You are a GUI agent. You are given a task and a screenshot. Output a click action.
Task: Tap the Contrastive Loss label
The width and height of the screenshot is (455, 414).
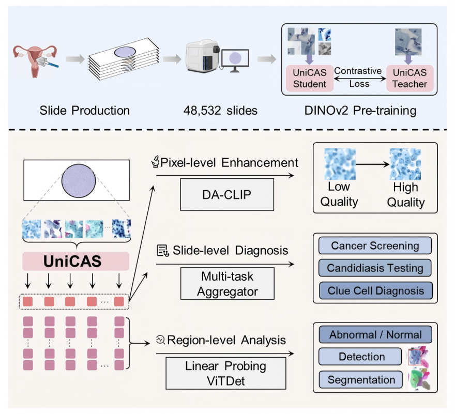357,76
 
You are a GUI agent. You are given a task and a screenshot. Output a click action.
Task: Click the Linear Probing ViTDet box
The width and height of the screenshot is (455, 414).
226,374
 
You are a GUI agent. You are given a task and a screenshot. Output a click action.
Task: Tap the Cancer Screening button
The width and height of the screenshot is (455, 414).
375,246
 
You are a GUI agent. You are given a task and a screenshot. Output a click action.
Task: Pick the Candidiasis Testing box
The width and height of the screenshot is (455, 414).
375,268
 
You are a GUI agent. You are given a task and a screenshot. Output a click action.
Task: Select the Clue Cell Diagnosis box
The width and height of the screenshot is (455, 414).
375,290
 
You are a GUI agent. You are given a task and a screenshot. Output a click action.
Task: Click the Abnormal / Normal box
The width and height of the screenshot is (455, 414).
375,334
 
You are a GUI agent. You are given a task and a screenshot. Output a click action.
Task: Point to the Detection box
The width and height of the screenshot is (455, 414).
361,357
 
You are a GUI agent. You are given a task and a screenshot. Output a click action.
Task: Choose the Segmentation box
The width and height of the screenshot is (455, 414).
361,380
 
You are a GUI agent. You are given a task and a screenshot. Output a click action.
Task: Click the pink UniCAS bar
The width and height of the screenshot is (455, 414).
75,261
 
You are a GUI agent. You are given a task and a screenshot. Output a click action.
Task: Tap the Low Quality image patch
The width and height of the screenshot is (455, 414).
339,164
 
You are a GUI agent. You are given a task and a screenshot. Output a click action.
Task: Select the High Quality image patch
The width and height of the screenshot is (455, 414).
405,164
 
